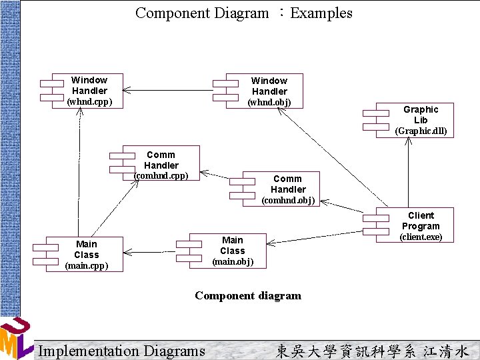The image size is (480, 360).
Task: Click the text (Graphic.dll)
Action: point(421,131)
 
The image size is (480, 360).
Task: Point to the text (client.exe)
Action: point(421,237)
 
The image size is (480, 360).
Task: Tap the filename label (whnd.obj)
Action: point(269,102)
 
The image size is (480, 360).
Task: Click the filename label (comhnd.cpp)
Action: point(161,175)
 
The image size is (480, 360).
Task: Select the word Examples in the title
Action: point(321,13)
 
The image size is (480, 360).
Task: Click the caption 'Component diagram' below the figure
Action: point(248,295)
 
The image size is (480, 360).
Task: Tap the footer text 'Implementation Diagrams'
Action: point(122,351)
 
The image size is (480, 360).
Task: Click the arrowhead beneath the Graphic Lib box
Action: point(407,142)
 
